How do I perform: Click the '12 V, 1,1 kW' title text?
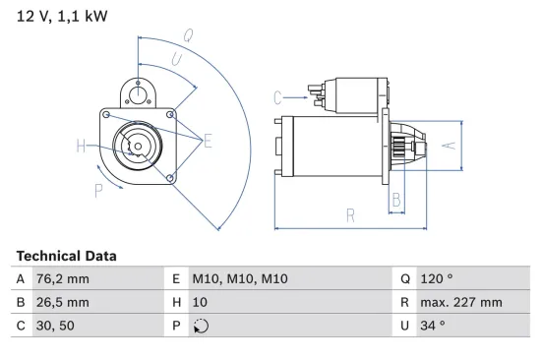[60, 17]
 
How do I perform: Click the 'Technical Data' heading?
[66, 256]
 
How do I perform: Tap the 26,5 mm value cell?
[64, 303]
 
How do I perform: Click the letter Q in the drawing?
[187, 36]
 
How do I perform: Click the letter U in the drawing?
[177, 60]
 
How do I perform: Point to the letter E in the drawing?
[208, 142]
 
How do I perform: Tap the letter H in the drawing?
[81, 148]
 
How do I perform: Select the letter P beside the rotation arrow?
[98, 189]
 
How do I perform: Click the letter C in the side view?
[278, 96]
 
